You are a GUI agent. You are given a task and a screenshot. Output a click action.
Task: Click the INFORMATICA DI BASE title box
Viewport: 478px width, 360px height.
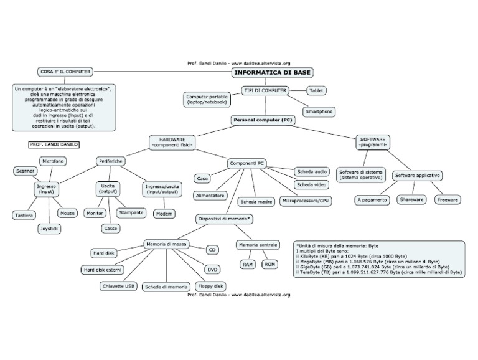[273, 72]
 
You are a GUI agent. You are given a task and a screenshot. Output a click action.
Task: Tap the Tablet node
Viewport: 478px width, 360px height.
[317, 90]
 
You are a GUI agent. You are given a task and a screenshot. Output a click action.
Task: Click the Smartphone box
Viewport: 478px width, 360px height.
[319, 111]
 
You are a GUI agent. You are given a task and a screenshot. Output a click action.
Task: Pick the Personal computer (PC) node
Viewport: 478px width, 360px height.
[261, 119]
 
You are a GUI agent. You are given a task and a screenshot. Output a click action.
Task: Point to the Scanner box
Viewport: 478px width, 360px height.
[25, 170]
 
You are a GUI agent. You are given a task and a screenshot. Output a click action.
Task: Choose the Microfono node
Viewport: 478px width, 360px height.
[54, 161]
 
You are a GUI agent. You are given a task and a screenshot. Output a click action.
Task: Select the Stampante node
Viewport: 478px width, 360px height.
[131, 212]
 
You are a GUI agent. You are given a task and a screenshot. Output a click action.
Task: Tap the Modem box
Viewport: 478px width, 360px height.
[164, 213]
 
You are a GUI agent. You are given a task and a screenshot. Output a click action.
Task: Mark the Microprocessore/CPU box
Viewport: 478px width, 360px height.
[306, 201]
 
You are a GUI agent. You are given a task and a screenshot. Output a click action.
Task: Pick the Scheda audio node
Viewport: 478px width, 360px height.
[312, 171]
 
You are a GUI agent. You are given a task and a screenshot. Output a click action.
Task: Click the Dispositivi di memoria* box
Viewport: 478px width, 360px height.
[224, 219]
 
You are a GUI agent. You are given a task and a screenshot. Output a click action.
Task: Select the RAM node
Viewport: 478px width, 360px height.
[247, 265]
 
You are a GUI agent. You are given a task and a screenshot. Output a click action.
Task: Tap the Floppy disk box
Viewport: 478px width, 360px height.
[210, 286]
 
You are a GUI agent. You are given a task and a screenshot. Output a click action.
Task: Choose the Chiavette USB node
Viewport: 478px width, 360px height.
[118, 286]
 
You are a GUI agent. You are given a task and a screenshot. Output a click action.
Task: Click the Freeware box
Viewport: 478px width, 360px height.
[447, 200]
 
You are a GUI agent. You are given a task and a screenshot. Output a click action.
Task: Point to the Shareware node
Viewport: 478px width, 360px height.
[411, 200]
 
